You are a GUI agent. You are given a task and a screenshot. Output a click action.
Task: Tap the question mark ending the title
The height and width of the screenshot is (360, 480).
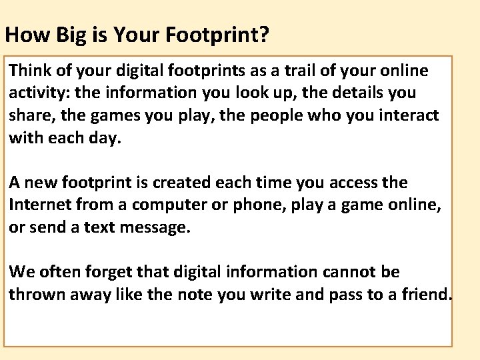tap(265, 35)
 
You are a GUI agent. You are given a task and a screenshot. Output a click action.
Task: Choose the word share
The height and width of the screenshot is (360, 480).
tap(28, 115)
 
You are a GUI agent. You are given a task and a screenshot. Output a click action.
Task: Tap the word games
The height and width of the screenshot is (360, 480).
tap(109, 115)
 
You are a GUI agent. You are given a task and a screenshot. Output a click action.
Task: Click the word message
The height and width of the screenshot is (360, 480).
tap(157, 227)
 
